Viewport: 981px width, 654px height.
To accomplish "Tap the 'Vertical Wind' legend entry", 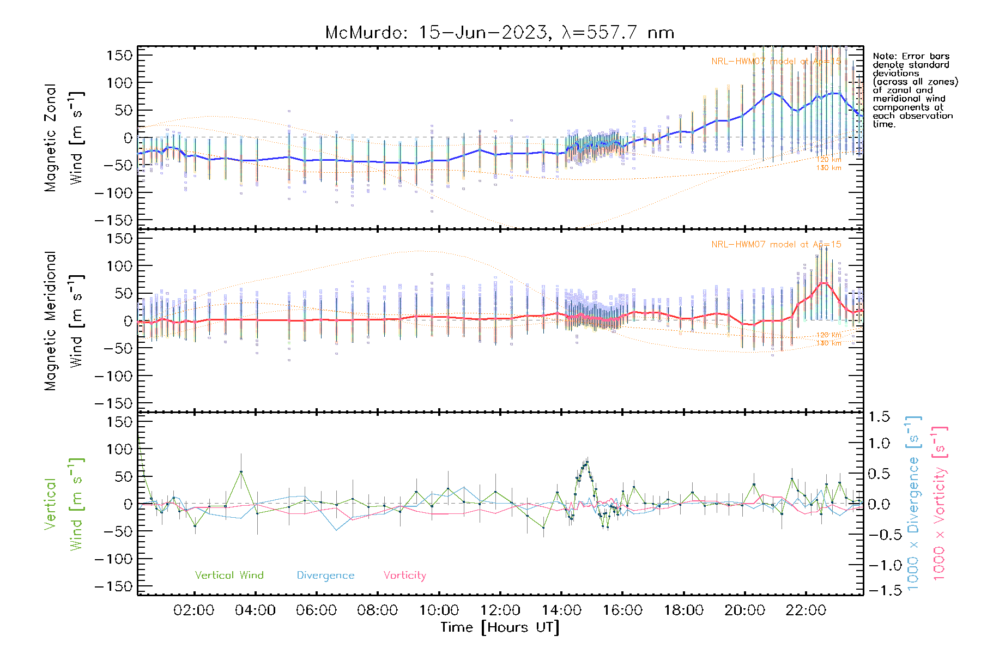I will [x=229, y=575].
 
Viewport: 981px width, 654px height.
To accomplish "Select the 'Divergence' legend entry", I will [x=325, y=576].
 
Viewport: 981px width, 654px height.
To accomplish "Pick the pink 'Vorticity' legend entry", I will [x=404, y=575].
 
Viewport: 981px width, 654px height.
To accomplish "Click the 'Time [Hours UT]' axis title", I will [x=500, y=627].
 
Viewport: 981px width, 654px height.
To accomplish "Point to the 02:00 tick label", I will [x=193, y=610].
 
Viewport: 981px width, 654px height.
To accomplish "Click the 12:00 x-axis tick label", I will [x=500, y=610].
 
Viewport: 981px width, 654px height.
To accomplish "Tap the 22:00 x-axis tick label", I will [x=806, y=610].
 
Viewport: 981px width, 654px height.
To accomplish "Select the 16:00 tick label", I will [x=622, y=610].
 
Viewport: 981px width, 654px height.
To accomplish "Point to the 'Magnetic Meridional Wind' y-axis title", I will [x=64, y=320].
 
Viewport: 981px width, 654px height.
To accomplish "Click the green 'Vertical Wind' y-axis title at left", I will [x=64, y=504].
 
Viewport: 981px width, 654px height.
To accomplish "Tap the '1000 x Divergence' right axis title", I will [x=913, y=504].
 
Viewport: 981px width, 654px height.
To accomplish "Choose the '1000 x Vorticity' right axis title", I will [x=940, y=504].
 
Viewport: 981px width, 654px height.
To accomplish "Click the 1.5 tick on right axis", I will [x=879, y=417].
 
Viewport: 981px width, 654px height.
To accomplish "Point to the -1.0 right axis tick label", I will [x=879, y=565].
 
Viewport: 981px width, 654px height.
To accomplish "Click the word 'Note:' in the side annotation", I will [x=884, y=56].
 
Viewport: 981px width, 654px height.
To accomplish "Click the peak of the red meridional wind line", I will [x=824, y=282].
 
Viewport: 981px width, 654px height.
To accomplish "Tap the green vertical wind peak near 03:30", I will [x=241, y=472].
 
